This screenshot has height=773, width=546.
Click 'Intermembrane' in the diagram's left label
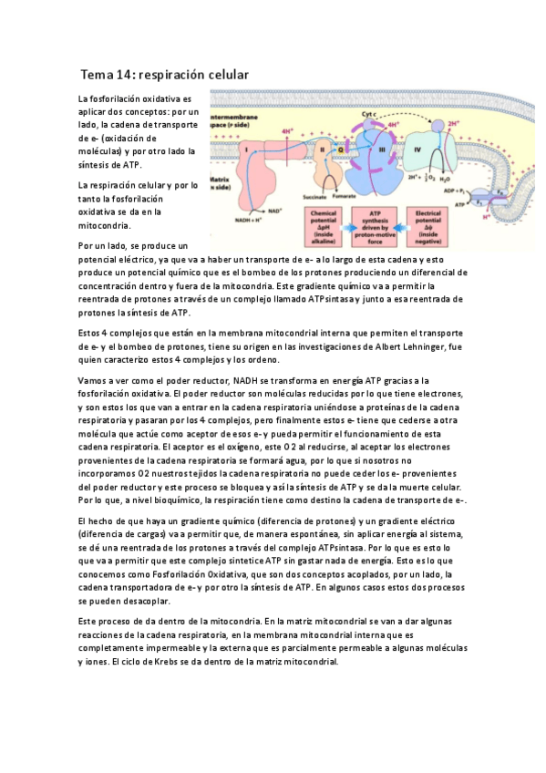click(x=234, y=118)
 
